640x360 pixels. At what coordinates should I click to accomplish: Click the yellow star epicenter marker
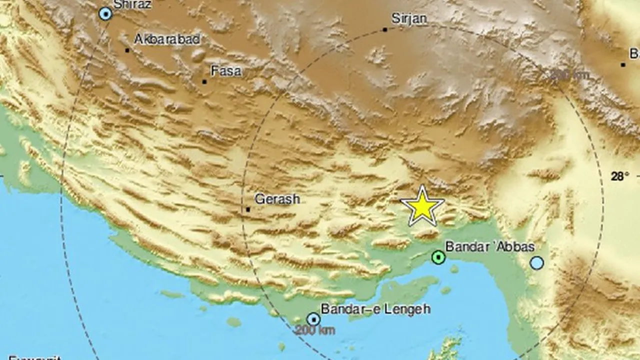coord(422,206)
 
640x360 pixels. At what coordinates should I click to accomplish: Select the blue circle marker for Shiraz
coord(105,14)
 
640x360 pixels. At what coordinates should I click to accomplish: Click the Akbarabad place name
coord(167,39)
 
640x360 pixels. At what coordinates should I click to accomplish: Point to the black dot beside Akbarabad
coord(127,50)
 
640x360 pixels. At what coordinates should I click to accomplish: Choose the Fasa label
coord(226,71)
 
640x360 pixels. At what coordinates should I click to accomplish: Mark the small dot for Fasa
coord(204,81)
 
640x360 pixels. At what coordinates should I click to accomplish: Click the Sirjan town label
coord(409,19)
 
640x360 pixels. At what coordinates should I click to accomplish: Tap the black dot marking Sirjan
coord(385,29)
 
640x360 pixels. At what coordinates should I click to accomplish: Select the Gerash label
coord(277,199)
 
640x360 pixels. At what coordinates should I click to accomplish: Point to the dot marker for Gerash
coord(248,209)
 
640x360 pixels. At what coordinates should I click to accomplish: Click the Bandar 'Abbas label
coord(483,246)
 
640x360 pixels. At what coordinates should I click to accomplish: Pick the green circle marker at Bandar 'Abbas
coord(438,257)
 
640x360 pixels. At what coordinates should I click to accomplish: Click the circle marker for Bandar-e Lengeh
coord(313,319)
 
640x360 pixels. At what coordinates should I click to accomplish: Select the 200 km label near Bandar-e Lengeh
coord(314,330)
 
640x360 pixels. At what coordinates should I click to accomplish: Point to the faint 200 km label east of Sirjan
coord(569,75)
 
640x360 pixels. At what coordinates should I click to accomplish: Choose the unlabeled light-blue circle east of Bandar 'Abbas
coord(536,262)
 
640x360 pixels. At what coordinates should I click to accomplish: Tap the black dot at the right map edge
coord(623,64)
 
